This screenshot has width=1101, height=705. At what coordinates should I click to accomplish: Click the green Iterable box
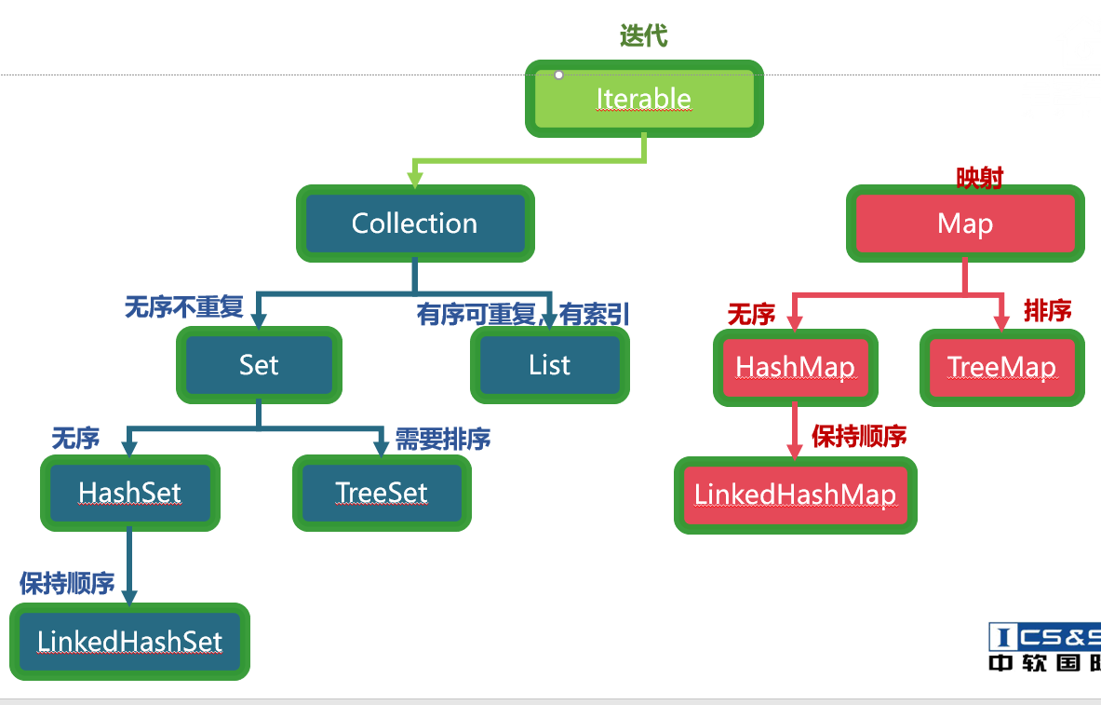[x=644, y=99]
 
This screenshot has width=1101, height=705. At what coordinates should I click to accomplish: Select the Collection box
[x=415, y=224]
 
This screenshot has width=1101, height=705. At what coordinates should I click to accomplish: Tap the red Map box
[x=965, y=224]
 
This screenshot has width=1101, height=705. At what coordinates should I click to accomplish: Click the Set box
[x=259, y=365]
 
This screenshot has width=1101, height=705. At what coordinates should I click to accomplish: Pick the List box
[x=549, y=365]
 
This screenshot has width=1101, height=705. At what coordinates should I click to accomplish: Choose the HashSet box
[x=130, y=493]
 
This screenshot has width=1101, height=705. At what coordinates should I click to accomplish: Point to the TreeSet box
[x=382, y=493]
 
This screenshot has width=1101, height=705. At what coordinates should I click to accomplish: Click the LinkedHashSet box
[x=130, y=642]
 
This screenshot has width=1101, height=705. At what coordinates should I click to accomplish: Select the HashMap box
[x=795, y=368]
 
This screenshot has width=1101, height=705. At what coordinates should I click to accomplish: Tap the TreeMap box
[x=1001, y=368]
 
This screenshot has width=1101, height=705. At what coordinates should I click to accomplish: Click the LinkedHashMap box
[x=795, y=495]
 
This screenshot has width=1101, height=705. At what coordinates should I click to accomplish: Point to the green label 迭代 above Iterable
[x=643, y=36]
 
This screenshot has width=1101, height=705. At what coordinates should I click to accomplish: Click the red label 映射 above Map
[x=979, y=177]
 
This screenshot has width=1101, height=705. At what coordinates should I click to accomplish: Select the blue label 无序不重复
[x=184, y=307]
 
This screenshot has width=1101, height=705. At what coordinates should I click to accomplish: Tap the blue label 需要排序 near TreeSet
[x=442, y=439]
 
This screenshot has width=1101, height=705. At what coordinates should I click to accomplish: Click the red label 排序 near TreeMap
[x=1047, y=310]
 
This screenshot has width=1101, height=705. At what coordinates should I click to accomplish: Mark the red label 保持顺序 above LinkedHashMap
[x=859, y=436]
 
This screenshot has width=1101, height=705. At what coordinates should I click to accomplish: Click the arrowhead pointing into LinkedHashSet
[x=129, y=598]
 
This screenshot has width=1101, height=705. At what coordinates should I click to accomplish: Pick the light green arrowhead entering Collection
[x=415, y=180]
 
